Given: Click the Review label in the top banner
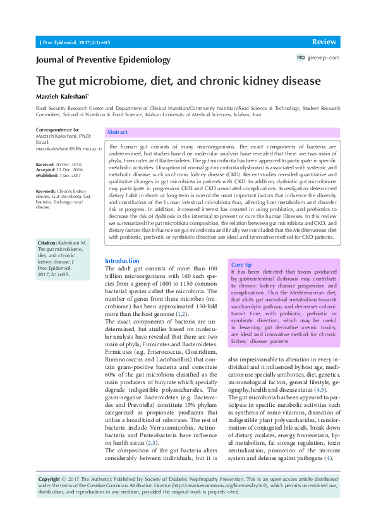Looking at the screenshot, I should click(x=324, y=41).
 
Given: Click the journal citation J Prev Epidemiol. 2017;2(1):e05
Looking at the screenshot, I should click(x=75, y=42).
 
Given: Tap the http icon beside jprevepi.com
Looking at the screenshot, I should click(x=301, y=57).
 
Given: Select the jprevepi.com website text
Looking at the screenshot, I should click(x=324, y=57).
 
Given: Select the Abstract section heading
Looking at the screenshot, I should click(x=117, y=133).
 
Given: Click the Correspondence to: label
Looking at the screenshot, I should click(x=58, y=130).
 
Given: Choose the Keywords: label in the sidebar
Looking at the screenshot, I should click(x=46, y=190).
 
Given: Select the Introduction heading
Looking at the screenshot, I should click(x=122, y=260).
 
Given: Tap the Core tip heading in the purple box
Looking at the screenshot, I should click(x=242, y=265).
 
